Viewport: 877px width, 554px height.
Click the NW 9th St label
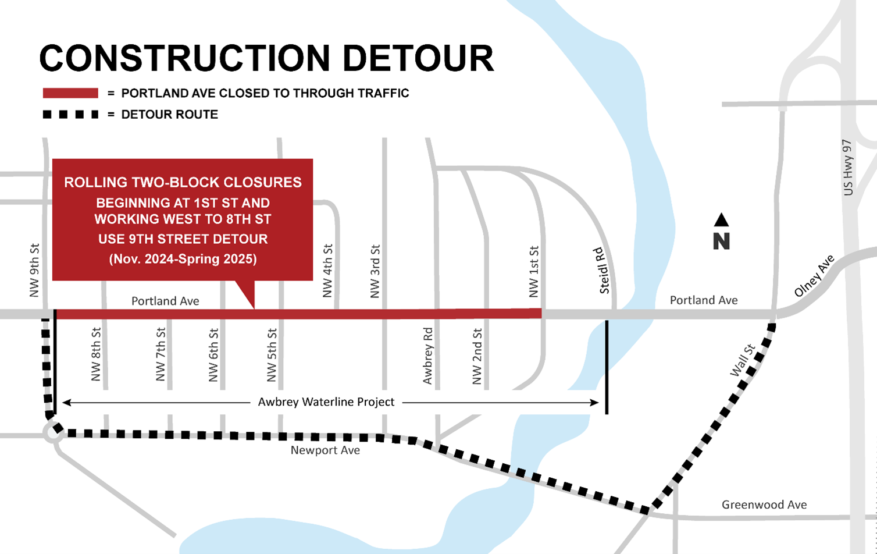pos(34,270)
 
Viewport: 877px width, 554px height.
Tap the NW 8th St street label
pos(97,354)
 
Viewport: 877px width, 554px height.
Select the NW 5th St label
pos(272,354)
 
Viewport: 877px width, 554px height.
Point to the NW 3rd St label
pos(375,271)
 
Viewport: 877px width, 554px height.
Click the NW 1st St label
pos(534,271)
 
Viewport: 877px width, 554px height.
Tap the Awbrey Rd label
pos(428,356)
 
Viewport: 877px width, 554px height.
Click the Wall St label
pos(743,360)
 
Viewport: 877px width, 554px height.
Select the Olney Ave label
pos(814,276)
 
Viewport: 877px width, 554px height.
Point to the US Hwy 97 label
pos(847,168)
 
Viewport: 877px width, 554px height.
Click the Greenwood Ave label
pos(764,505)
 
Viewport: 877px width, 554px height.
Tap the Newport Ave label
pos(325,450)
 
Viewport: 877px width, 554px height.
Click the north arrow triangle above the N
pos(721,220)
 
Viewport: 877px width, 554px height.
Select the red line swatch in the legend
pos(70,93)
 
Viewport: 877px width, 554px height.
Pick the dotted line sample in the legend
pos(70,115)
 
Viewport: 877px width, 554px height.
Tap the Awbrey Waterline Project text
pos(326,402)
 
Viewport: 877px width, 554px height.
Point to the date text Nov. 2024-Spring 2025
pos(183,259)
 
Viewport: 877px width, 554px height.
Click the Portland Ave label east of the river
pos(704,300)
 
